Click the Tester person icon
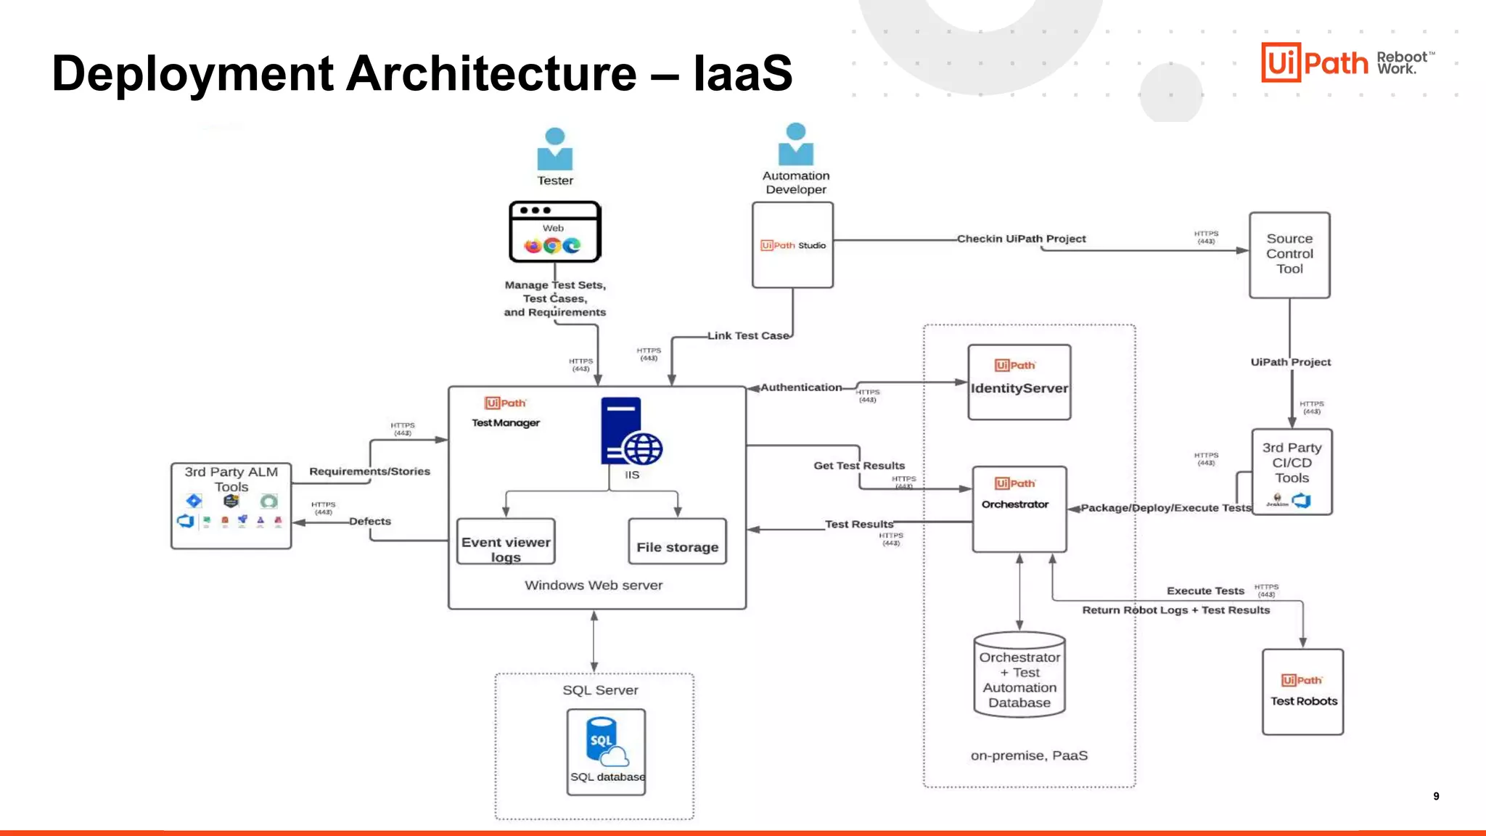coord(555,149)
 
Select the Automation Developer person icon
coord(796,144)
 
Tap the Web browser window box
coord(555,232)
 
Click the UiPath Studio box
coord(792,245)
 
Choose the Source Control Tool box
coord(1289,255)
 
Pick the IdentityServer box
coord(1019,382)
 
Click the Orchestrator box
coord(1019,509)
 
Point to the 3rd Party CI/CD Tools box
coord(1292,472)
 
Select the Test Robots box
coord(1303,692)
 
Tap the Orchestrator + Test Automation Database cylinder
coord(1019,676)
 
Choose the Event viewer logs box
coord(506,542)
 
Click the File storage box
coord(677,542)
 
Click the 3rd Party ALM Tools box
coord(231,506)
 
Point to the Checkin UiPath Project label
coord(1021,239)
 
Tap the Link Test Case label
coord(747,336)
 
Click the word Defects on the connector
coord(369,521)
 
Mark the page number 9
coord(1436,796)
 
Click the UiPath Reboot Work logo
coord(1347,62)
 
